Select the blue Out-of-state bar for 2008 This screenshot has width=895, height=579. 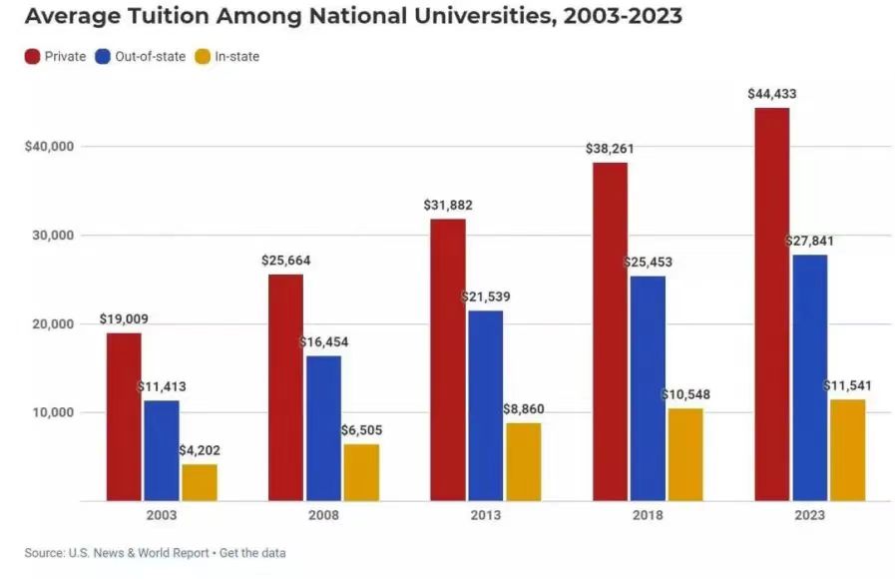323,428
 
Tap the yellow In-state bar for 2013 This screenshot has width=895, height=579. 524,461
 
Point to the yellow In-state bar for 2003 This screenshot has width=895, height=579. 200,482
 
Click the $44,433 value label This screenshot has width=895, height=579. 771,94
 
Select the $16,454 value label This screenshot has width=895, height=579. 324,342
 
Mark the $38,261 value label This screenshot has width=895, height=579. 610,149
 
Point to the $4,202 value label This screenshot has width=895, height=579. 200,451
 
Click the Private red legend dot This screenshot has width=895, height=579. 32,57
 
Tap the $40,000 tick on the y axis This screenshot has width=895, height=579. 50,147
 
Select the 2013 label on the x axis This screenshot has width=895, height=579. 486,515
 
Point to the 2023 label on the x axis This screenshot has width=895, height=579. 810,515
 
